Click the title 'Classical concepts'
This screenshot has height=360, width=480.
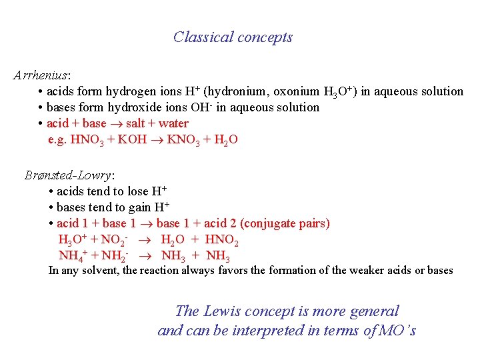[233, 37]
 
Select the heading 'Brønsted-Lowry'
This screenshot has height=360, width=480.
[68, 175]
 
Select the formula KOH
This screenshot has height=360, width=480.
[132, 140]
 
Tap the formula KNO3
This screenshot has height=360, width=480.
[182, 140]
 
